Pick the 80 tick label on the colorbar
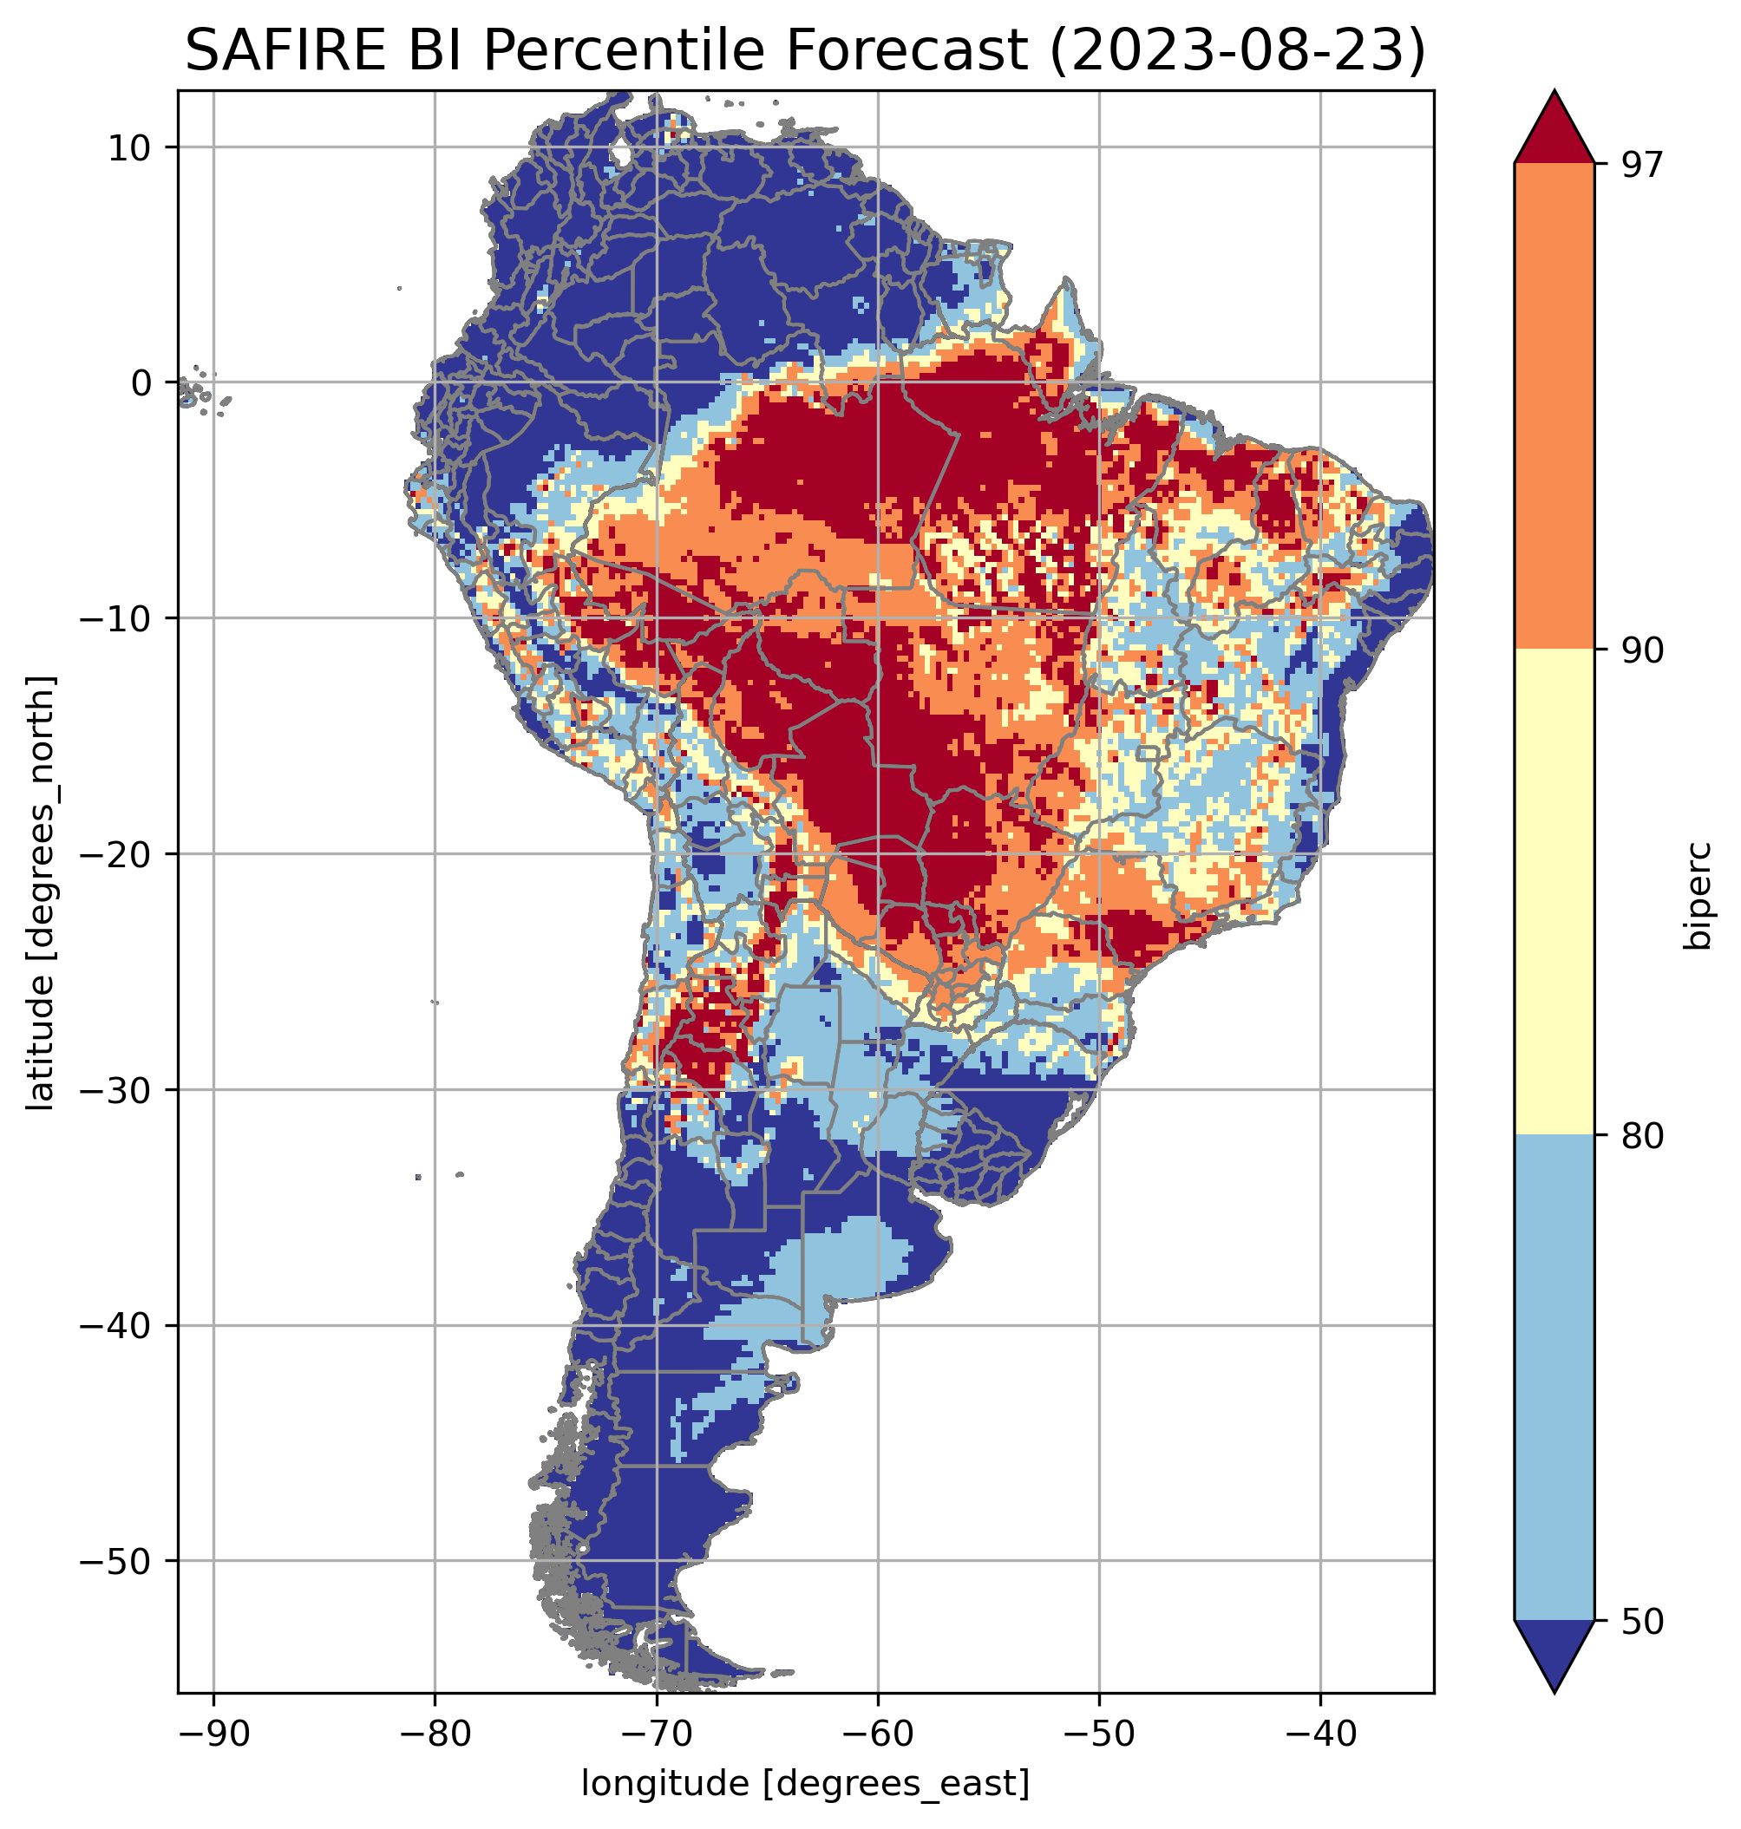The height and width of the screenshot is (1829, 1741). coord(1640,1137)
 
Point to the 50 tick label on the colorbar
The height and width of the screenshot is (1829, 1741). coord(1640,1623)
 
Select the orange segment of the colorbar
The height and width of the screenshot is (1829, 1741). coord(1554,407)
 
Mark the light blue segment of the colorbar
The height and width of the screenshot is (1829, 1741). coord(1554,1378)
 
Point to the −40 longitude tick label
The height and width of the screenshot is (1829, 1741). coord(1319,1734)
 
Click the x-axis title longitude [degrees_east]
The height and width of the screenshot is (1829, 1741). coord(806,1785)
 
